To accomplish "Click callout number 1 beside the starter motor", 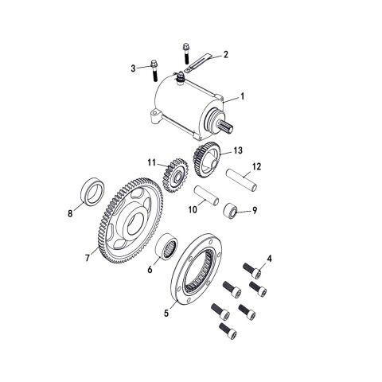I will pyautogui.click(x=244, y=95).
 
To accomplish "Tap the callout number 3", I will pyautogui.click(x=134, y=69).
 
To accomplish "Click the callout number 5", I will pyautogui.click(x=166, y=313).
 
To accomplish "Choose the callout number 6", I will pyautogui.click(x=149, y=271).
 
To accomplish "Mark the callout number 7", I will pyautogui.click(x=88, y=258).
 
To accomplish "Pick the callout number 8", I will pyautogui.click(x=70, y=213).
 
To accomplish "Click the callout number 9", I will pyautogui.click(x=255, y=211).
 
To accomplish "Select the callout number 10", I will pyautogui.click(x=190, y=210).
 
